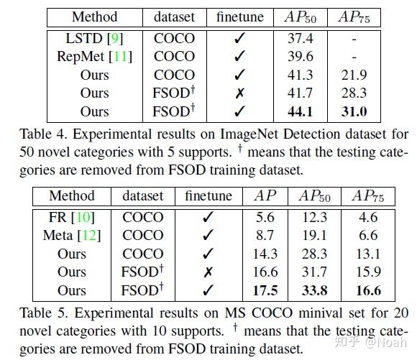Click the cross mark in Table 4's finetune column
pos(239,93)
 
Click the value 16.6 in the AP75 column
pos(367,291)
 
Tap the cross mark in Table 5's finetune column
pos(208,272)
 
